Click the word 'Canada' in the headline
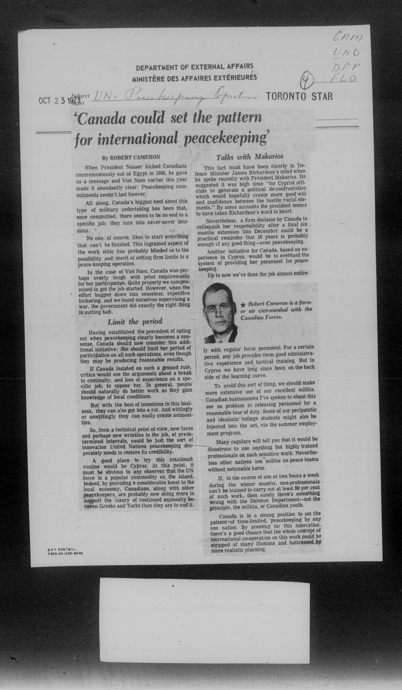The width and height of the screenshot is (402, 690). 103,119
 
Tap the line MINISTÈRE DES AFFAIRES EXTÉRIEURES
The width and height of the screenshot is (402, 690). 194,78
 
